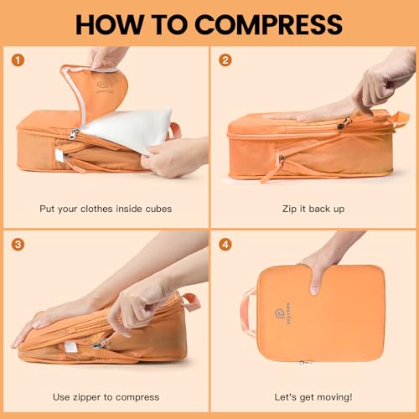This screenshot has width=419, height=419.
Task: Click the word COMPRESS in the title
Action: tap(269, 24)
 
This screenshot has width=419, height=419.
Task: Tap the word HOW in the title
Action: tap(110, 24)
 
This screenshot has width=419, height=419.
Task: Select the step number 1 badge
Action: tap(18, 60)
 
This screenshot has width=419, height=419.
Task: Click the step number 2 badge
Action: tap(225, 60)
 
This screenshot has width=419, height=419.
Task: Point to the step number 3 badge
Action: tap(18, 245)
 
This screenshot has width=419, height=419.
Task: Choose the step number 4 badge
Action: tap(225, 245)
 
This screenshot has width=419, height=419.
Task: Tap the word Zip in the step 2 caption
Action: tap(289, 209)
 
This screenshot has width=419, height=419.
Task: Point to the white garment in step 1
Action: tap(128, 127)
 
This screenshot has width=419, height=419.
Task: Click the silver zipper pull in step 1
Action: tap(73, 133)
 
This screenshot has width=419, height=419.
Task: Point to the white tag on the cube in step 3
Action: tap(70, 347)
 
